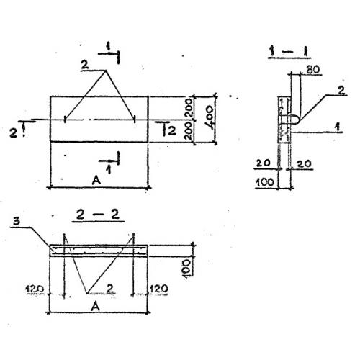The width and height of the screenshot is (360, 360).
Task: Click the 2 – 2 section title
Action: (x=98, y=215)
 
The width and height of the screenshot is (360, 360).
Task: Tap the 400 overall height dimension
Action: (x=210, y=117)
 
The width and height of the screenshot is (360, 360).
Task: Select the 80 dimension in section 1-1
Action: (x=313, y=70)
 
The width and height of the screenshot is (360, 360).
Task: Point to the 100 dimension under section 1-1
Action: (x=265, y=182)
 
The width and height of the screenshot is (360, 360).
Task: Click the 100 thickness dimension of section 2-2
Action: (x=187, y=268)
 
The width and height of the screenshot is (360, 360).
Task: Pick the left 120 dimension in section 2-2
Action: (x=35, y=289)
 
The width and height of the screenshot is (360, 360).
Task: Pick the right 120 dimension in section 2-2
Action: (x=159, y=289)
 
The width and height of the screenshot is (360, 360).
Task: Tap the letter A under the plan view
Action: (x=96, y=180)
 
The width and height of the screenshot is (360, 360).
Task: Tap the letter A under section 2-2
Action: (x=96, y=306)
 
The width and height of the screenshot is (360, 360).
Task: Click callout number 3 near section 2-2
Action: (x=17, y=221)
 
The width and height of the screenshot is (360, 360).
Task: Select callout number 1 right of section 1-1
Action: (x=338, y=127)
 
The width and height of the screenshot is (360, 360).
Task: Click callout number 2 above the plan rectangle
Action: (x=84, y=65)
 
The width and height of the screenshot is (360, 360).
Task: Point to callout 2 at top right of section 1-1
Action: (x=341, y=91)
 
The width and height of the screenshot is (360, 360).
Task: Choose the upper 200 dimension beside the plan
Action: (x=189, y=108)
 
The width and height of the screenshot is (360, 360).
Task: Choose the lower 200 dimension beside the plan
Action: (x=189, y=131)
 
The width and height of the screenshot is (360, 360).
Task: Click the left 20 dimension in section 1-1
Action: (x=263, y=163)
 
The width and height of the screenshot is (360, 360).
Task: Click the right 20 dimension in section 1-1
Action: (x=304, y=164)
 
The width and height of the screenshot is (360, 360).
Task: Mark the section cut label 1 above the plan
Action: (x=108, y=47)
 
